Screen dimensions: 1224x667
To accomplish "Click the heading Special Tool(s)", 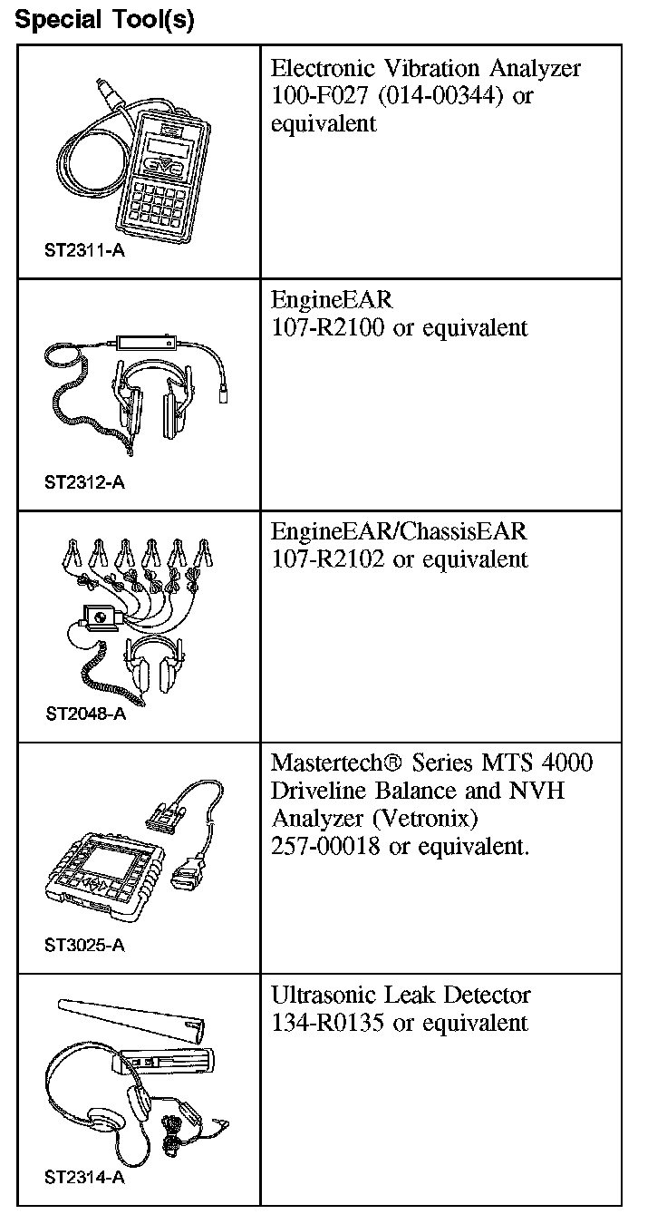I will pyautogui.click(x=105, y=20).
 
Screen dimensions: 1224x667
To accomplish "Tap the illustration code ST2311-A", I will pyautogui.click(x=84, y=250).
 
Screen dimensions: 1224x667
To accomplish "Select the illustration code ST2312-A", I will pyautogui.click(x=84, y=482).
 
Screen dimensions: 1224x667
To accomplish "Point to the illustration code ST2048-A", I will pyautogui.click(x=85, y=713).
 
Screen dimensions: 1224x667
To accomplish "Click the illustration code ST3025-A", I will pyautogui.click(x=84, y=946).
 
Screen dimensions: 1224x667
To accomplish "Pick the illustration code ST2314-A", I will pyautogui.click(x=84, y=1178).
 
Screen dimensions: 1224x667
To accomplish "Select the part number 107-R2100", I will pyautogui.click(x=327, y=327).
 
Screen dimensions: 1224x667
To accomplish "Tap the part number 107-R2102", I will pyautogui.click(x=327, y=559).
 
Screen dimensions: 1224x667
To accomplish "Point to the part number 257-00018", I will pyautogui.click(x=325, y=846).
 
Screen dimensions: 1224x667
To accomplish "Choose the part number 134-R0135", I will pyautogui.click(x=326, y=1023).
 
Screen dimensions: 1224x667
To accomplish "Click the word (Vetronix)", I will pyautogui.click(x=420, y=818).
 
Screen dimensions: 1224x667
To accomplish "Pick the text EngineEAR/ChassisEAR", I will pyautogui.click(x=399, y=531).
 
